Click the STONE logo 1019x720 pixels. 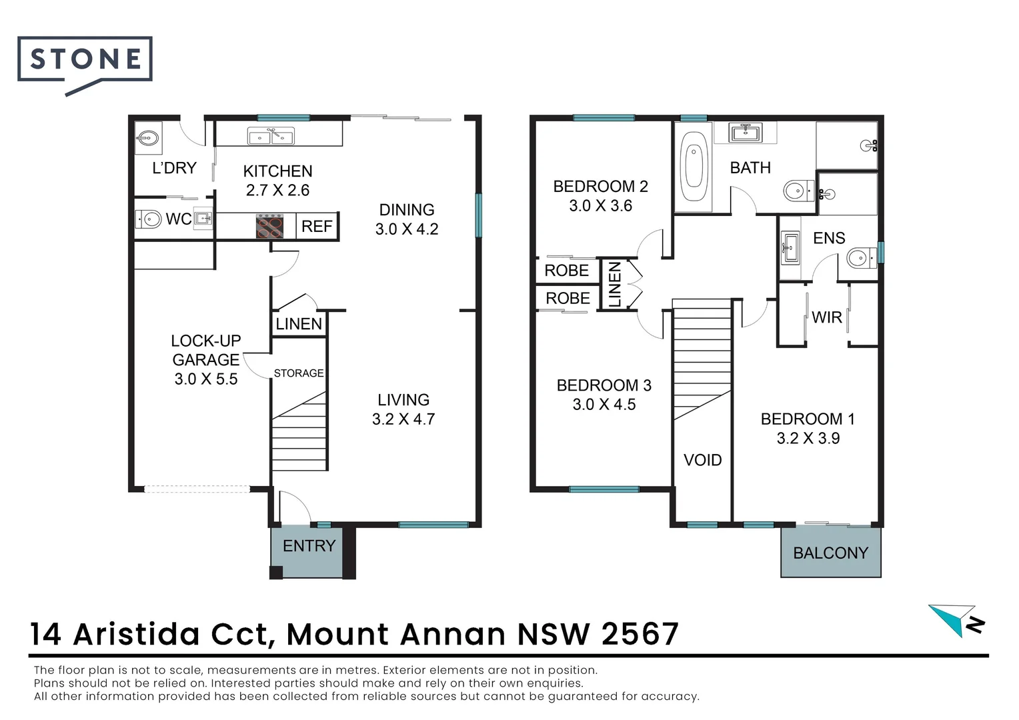click(85, 61)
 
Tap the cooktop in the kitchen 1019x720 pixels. click(269, 225)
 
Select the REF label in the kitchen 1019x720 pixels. click(317, 226)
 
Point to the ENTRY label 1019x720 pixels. click(309, 546)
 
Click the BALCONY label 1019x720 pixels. click(830, 553)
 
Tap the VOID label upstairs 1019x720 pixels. click(702, 460)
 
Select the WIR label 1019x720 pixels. click(827, 317)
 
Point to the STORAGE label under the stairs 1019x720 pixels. click(299, 373)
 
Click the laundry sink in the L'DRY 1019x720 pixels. click(147, 139)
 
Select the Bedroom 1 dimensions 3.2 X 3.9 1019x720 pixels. click(808, 438)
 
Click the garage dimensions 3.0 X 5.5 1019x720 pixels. click(206, 379)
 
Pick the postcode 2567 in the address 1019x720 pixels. click(640, 634)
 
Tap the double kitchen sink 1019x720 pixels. click(270, 137)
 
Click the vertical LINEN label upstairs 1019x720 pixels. click(615, 284)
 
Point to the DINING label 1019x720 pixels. click(406, 209)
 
